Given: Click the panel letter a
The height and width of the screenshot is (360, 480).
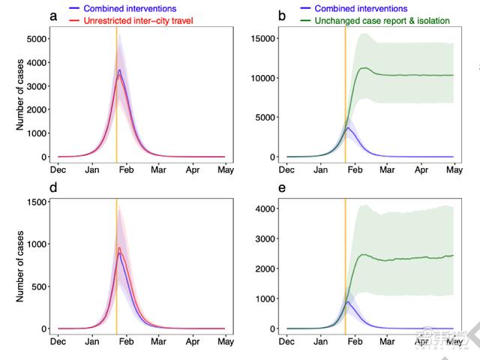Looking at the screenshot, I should [54, 16].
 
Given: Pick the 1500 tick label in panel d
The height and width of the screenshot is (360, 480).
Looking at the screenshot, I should [34, 202].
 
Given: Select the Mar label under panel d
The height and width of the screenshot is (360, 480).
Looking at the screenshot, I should [158, 341].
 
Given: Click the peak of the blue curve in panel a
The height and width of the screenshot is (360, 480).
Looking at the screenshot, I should [119, 70].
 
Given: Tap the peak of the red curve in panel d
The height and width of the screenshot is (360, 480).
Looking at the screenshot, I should [119, 247].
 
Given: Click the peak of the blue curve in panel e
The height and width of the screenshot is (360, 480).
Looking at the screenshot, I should [347, 302].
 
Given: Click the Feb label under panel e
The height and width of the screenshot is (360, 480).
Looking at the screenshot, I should [354, 341].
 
